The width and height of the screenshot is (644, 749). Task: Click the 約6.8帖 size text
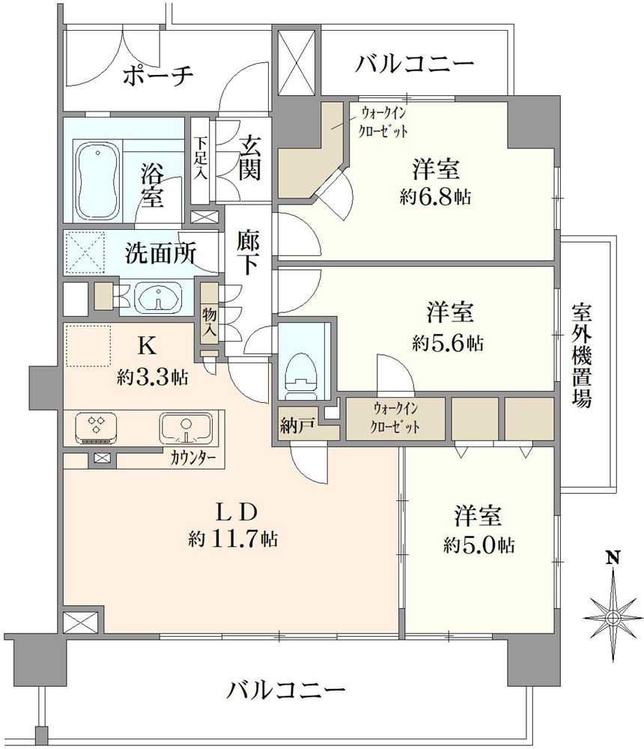pos(435,198)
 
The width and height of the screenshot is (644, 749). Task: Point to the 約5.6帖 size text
pos(447,344)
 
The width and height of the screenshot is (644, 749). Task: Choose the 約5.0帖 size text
pos(478,545)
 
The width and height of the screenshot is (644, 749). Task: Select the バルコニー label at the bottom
pos(288,689)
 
